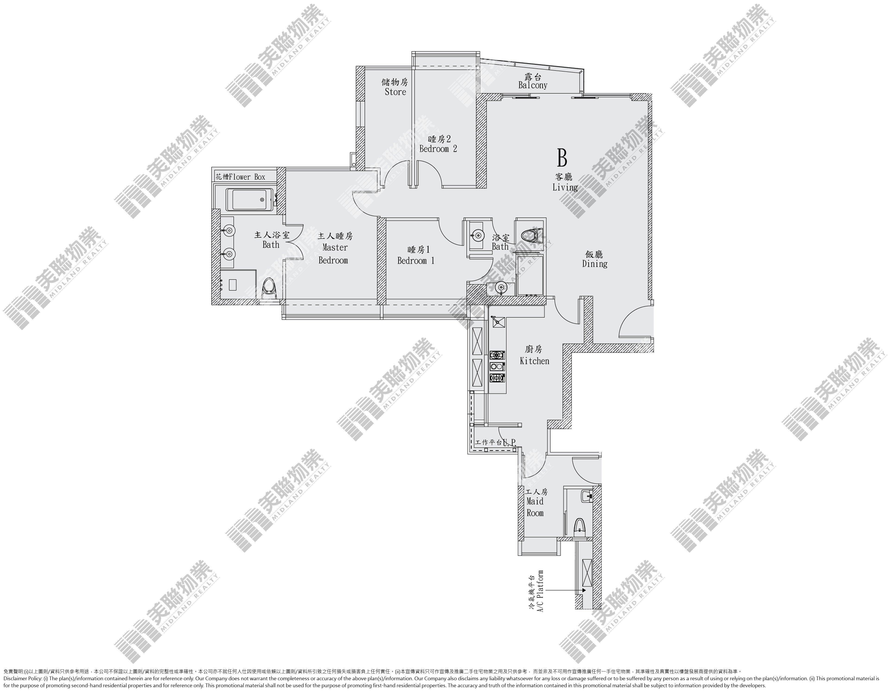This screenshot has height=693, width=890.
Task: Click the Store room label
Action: click(395, 87)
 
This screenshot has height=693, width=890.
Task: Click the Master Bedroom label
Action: click(335, 248)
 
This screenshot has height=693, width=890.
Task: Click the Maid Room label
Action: click(535, 502)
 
